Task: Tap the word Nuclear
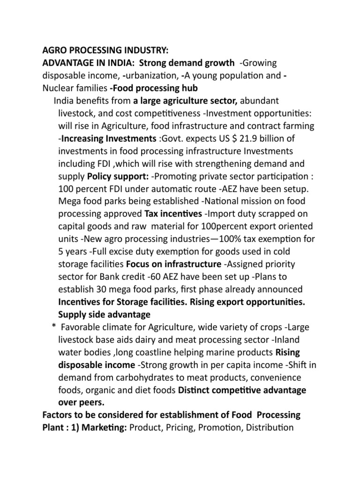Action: click(x=58, y=88)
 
